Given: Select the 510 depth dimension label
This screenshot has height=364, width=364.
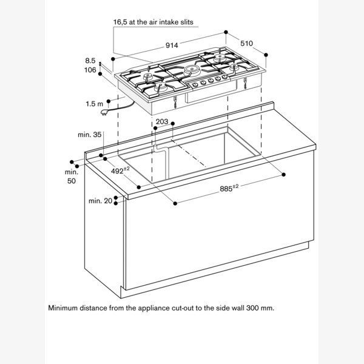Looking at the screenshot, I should (246, 44).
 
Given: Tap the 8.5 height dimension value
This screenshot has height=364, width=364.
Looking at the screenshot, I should (90, 61).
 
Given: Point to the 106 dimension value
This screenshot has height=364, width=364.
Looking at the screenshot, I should (90, 70).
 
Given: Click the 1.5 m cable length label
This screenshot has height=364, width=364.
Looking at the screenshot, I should (94, 104).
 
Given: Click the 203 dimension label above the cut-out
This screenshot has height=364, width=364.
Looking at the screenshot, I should (162, 122).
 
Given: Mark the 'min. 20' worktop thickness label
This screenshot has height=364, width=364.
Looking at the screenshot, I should (100, 201).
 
